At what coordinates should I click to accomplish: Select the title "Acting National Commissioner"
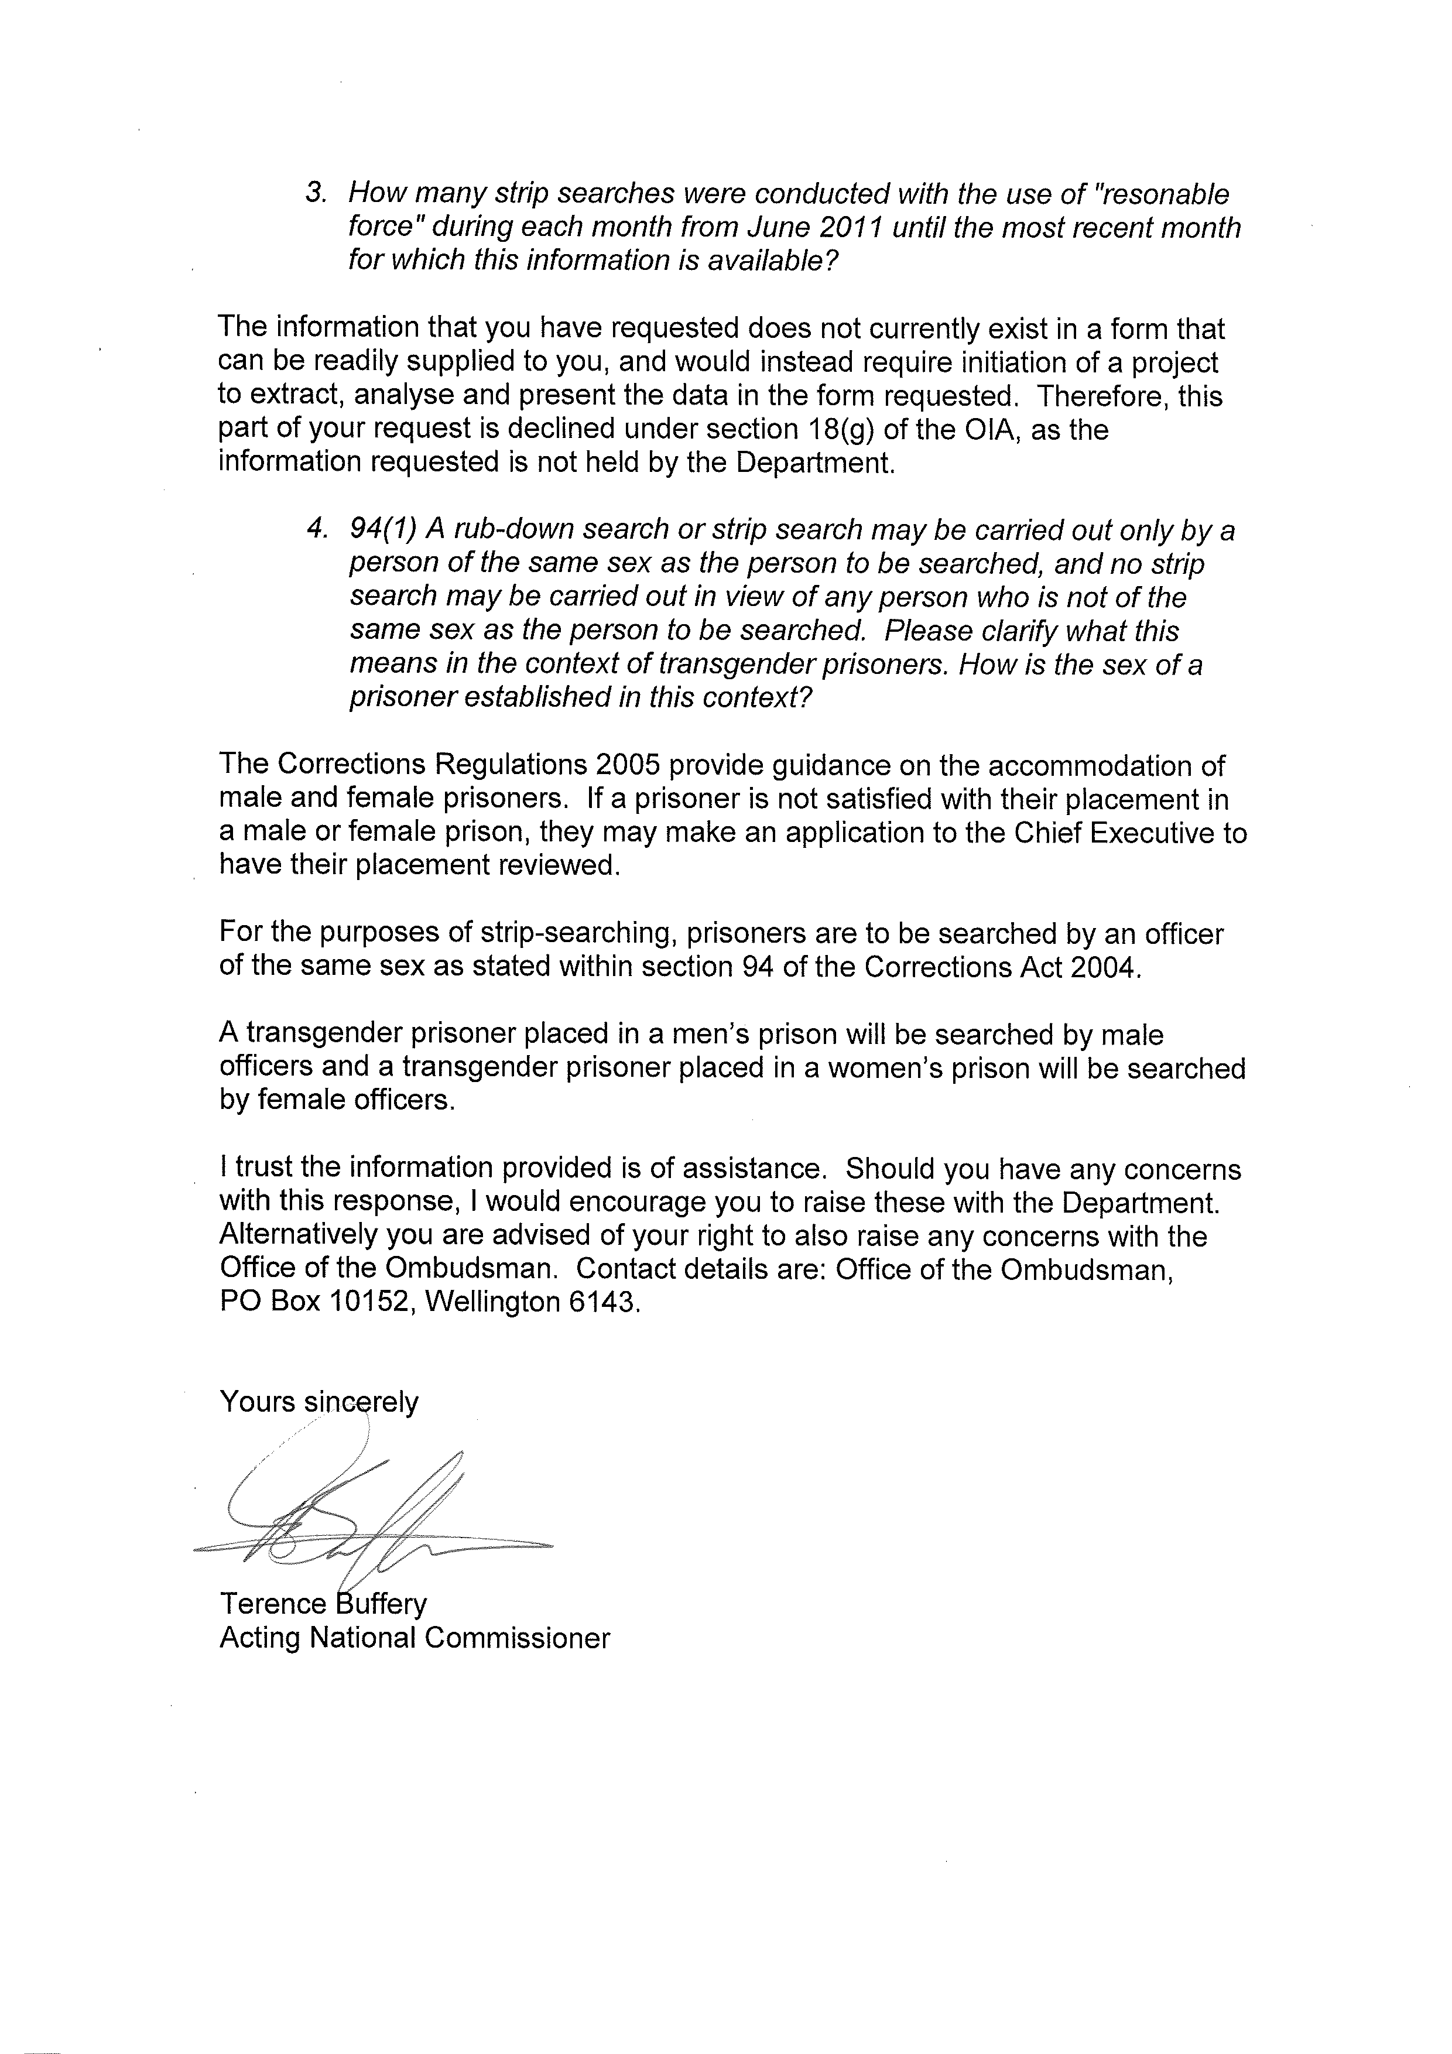click(414, 1638)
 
